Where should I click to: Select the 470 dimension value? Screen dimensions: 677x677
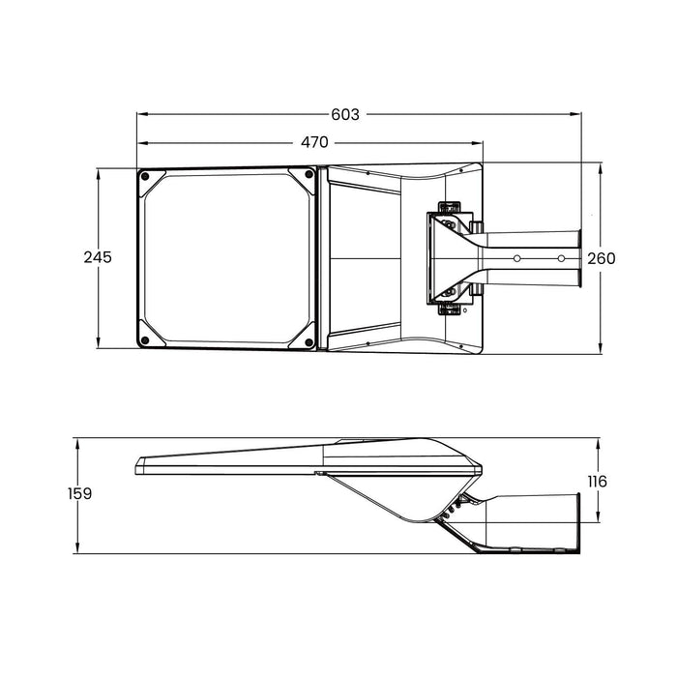pyautogui.click(x=314, y=142)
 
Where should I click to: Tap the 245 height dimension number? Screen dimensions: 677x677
pyautogui.click(x=97, y=257)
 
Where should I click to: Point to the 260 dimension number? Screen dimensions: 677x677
pyautogui.click(x=601, y=258)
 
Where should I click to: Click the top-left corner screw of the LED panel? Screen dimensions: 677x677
pyautogui.click(x=144, y=177)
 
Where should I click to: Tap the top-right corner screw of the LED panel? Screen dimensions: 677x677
pyautogui.click(x=309, y=176)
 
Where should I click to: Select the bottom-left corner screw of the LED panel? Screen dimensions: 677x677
pyautogui.click(x=144, y=339)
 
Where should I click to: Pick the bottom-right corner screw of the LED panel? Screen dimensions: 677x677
pyautogui.click(x=309, y=339)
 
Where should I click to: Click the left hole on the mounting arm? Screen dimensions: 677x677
pyautogui.click(x=518, y=259)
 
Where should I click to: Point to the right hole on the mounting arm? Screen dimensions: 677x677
pyautogui.click(x=563, y=259)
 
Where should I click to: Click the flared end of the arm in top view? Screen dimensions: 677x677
pyautogui.click(x=578, y=259)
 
